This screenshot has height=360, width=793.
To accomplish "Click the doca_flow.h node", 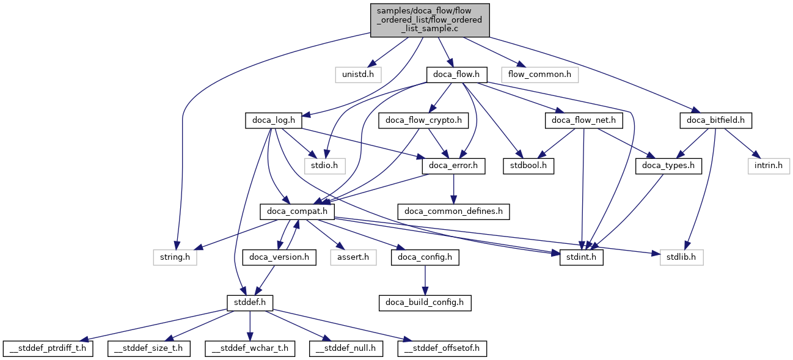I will [456, 75].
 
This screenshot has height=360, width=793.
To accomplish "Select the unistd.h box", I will [358, 75].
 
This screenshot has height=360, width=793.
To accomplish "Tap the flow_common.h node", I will [539, 75].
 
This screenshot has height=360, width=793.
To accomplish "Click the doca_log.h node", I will [274, 120].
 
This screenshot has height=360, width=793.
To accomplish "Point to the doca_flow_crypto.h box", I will [423, 120].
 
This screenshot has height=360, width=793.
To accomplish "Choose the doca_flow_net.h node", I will [583, 120].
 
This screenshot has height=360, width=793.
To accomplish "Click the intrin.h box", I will [768, 165].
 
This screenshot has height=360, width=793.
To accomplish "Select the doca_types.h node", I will [669, 165].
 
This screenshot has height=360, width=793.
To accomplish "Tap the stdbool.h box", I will [528, 165].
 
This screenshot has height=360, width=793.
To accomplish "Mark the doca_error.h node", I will [453, 165].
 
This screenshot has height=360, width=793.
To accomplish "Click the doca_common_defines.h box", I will [453, 211].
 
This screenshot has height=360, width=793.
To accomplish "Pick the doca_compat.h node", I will [298, 211].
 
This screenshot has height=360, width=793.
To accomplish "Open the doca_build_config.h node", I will [425, 302].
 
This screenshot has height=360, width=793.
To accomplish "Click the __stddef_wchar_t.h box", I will [250, 348].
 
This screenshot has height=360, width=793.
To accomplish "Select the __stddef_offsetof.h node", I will [442, 348].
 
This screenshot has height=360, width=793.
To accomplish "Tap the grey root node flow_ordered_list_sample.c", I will [429, 20].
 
